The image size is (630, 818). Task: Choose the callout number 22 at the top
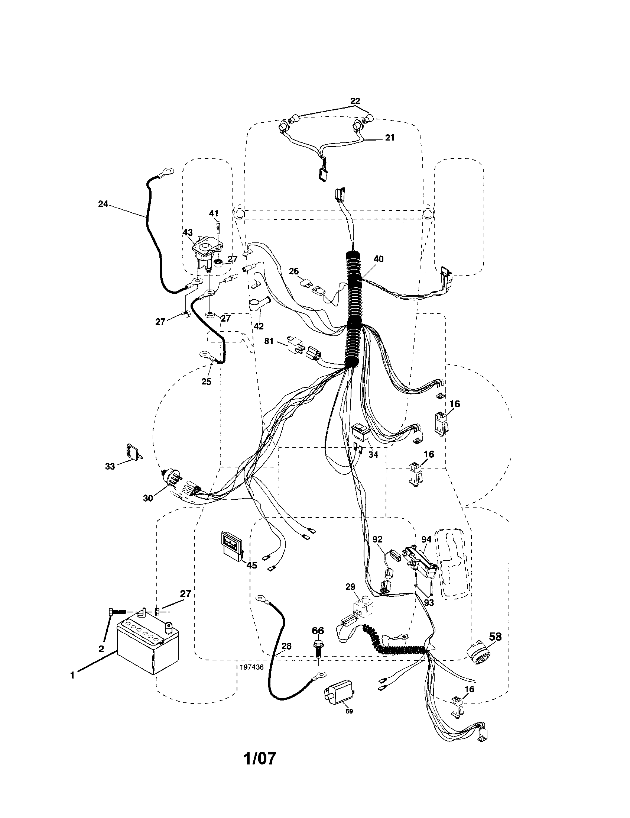point(355,101)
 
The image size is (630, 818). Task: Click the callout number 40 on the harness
point(378,259)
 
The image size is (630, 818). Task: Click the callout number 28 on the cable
point(287,646)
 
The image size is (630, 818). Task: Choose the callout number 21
point(389,138)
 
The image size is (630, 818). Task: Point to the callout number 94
point(426,540)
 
